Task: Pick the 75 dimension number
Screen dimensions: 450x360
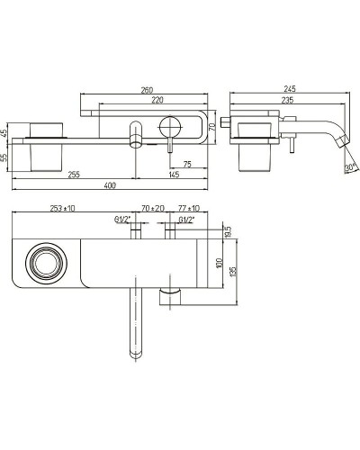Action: pyautogui.click(x=187, y=164)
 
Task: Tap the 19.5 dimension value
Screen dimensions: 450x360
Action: pyautogui.click(x=229, y=232)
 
